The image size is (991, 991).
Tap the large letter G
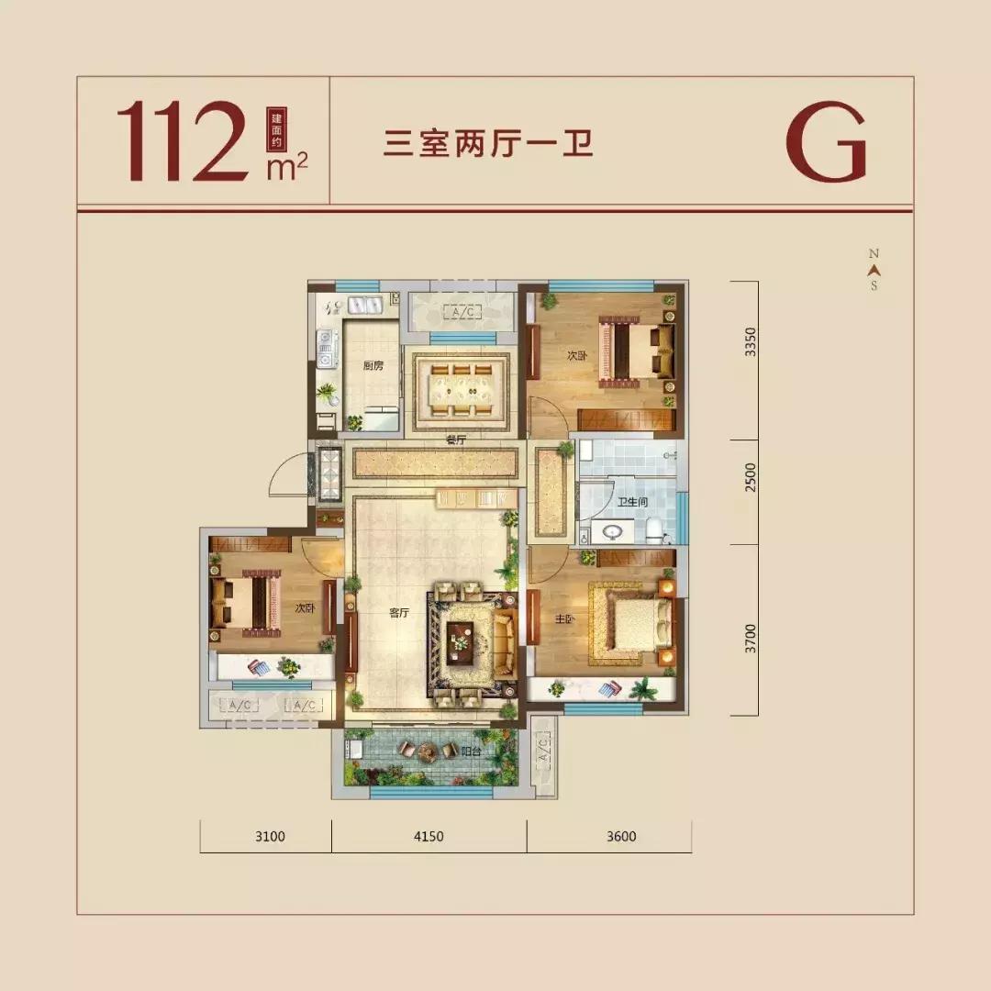[826, 141]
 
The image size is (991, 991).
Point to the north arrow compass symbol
[874, 269]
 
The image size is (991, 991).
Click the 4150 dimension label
[429, 836]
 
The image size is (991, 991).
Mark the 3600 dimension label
[620, 836]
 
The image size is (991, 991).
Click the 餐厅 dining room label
[456, 440]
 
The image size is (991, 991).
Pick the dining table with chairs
[461, 390]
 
